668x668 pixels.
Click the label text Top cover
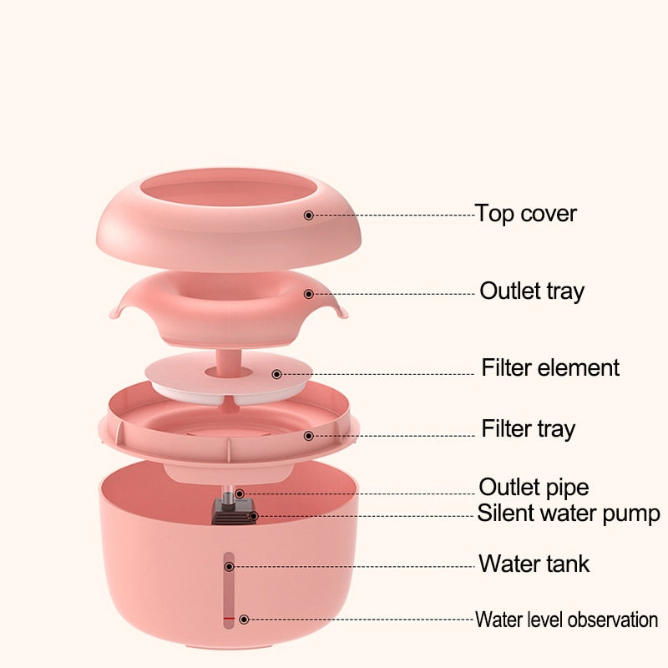pyautogui.click(x=526, y=214)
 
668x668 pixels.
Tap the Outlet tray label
pyautogui.click(x=532, y=291)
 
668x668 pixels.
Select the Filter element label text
pyautogui.click(x=550, y=367)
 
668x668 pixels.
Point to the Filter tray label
pyautogui.click(x=528, y=429)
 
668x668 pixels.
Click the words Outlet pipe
pyautogui.click(x=534, y=487)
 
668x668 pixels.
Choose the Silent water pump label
pyautogui.click(x=569, y=513)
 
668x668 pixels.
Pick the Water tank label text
pyautogui.click(x=534, y=564)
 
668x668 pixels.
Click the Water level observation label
pyautogui.click(x=566, y=620)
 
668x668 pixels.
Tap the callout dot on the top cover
pyautogui.click(x=308, y=215)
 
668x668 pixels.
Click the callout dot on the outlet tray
pyautogui.click(x=309, y=294)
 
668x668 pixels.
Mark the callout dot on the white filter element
pyautogui.click(x=277, y=375)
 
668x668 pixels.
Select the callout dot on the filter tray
pyautogui.click(x=309, y=435)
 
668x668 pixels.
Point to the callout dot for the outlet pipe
pyautogui.click(x=240, y=494)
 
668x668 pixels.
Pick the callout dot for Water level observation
pyautogui.click(x=244, y=620)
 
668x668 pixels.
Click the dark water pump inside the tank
pyautogui.click(x=230, y=511)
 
